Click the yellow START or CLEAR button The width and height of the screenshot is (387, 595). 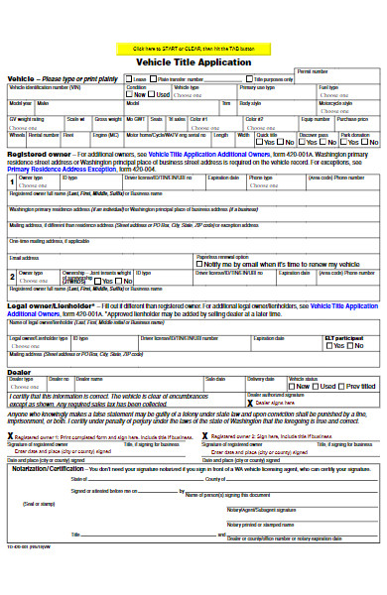pyautogui.click(x=193, y=48)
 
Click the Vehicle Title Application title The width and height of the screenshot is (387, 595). pyautogui.click(x=193, y=61)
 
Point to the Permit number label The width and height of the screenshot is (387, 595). pyautogui.click(x=313, y=72)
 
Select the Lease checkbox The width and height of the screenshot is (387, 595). pyautogui.click(x=130, y=79)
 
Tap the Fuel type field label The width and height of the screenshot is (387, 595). pyautogui.click(x=329, y=87)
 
